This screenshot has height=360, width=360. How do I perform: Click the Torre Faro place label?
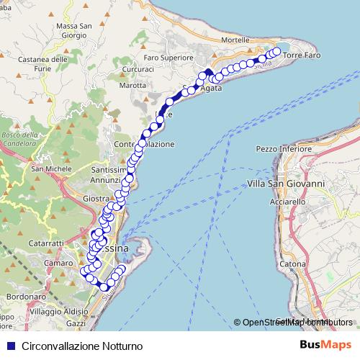tap(302, 55)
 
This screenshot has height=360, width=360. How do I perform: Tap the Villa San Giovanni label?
tap(287, 184)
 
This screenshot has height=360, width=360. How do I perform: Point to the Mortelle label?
tap(239, 40)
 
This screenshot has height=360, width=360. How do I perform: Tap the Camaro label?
tap(58, 264)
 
